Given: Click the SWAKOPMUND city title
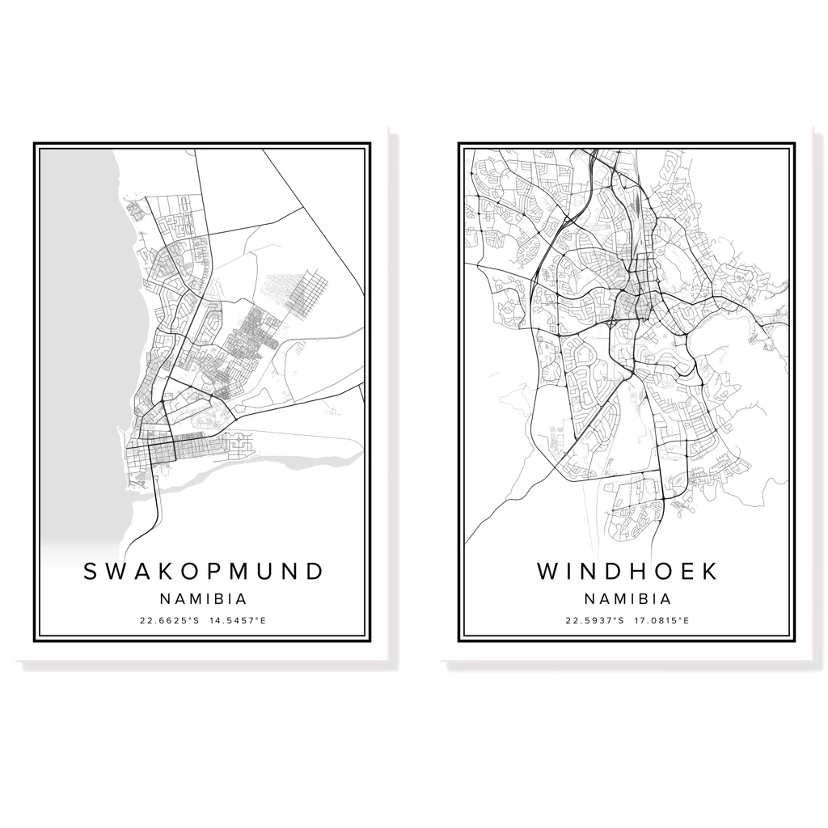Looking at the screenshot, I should [203, 571].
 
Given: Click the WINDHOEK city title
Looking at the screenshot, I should [627, 571].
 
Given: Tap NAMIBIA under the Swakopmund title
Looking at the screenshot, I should [203, 599].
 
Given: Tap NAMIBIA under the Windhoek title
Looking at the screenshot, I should [627, 599].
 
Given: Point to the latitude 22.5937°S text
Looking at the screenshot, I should [594, 621].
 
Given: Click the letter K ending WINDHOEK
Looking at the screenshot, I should [709, 571].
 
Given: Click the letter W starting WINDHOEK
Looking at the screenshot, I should [547, 571].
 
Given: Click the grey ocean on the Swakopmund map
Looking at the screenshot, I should [77, 323].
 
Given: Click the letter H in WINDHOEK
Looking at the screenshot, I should [637, 571].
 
